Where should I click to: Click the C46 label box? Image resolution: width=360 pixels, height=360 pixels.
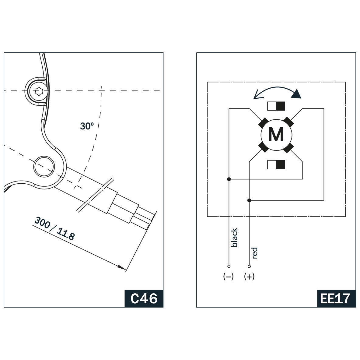144,298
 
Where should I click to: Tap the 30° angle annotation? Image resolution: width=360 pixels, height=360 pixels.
87,126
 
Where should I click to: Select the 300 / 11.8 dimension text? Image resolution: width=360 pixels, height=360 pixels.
54,228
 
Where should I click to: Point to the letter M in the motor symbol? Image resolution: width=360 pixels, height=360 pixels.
276,134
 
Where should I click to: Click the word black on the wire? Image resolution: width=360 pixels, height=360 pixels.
234,237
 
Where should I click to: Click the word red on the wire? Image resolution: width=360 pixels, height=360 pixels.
255,253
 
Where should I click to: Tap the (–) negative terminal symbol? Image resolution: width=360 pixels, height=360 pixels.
229,277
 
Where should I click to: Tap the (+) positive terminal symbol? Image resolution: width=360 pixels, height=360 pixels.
249,277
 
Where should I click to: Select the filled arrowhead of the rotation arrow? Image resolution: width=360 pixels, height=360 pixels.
296,95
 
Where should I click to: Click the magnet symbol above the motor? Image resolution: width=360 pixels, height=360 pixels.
276,106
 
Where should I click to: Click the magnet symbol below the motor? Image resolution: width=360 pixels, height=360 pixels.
276,165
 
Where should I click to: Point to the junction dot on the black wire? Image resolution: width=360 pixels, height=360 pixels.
229,179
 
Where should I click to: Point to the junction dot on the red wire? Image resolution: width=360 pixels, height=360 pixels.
249,200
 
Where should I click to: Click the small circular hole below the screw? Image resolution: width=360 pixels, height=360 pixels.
44,166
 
